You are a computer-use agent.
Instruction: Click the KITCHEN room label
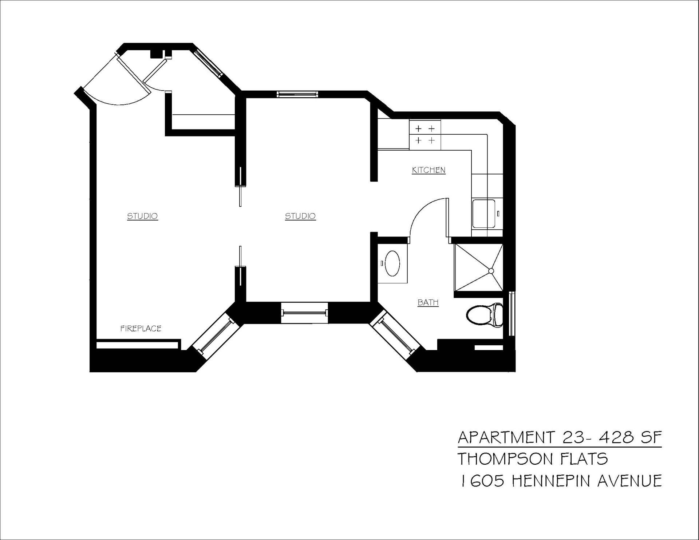point(429,170)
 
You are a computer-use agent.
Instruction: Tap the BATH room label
point(428,302)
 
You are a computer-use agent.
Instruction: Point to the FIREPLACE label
point(141,329)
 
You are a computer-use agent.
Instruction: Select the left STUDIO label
point(142,216)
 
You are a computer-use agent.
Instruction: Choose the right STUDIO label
point(300,216)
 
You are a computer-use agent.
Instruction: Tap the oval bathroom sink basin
point(392,263)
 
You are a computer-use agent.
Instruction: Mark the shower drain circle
point(491,271)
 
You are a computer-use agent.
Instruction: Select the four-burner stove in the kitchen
point(425,134)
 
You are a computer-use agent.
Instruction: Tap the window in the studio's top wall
point(297,94)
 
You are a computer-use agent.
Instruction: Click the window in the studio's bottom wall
point(305,312)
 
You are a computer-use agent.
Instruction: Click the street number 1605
point(482,481)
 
